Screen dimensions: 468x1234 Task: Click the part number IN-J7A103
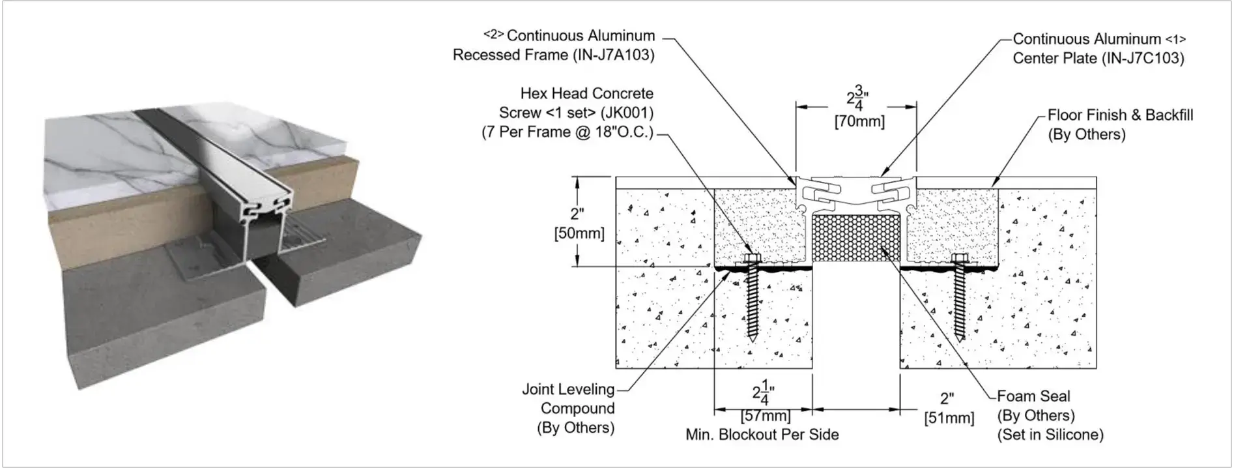(613, 55)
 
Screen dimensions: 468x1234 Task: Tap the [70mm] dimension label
(859, 122)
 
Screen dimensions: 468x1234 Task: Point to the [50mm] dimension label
(579, 233)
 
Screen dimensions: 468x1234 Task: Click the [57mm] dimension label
(765, 416)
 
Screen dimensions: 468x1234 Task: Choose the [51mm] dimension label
(949, 418)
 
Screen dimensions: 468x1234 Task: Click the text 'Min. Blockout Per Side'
(762, 435)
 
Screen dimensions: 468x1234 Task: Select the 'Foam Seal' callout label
(1033, 396)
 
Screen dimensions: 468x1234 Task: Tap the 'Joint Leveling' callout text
(567, 390)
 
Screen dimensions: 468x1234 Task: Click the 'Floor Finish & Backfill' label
(1120, 115)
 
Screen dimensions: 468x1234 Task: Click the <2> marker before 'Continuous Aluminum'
(493, 35)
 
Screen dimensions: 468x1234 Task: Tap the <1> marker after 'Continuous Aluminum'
(1175, 39)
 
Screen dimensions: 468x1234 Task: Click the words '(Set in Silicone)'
(1050, 435)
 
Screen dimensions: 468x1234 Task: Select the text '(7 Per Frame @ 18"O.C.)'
(567, 132)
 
